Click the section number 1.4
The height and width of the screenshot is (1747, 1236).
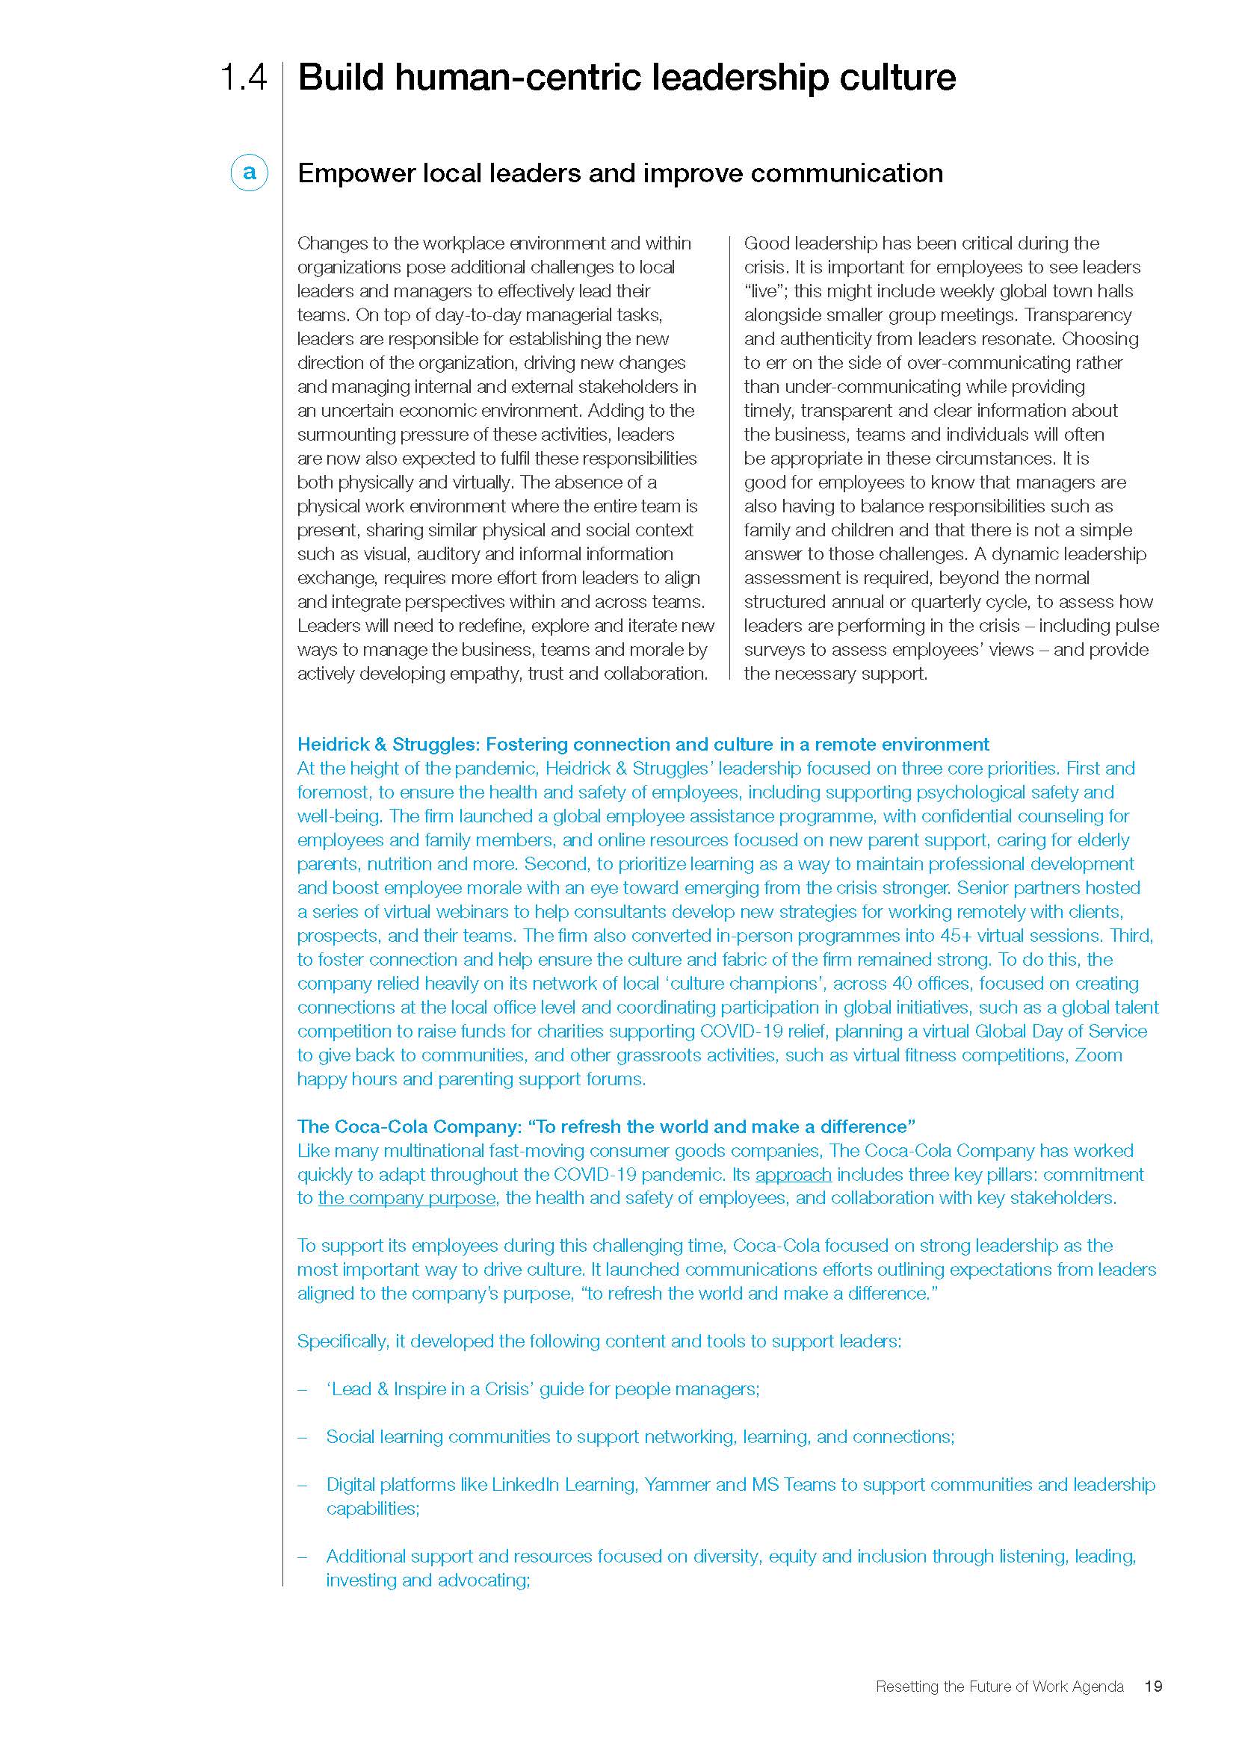pyautogui.click(x=243, y=78)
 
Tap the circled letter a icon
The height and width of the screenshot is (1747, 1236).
pyautogui.click(x=249, y=173)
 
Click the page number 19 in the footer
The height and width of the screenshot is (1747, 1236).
pyautogui.click(x=1153, y=1687)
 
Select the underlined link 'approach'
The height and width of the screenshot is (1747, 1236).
pyautogui.click(x=793, y=1174)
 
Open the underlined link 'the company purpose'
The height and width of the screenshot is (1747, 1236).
pyautogui.click(x=407, y=1197)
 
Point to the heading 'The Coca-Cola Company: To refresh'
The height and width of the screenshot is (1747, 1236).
pyautogui.click(x=606, y=1126)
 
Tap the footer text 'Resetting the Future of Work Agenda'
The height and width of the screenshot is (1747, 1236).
pyautogui.click(x=999, y=1687)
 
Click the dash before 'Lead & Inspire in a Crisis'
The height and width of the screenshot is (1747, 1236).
pyautogui.click(x=303, y=1389)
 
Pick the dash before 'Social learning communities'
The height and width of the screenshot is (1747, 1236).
pyautogui.click(x=303, y=1436)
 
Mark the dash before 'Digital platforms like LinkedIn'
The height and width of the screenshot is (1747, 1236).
pyautogui.click(x=303, y=1485)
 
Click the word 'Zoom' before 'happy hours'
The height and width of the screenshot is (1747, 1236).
pyautogui.click(x=1098, y=1055)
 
